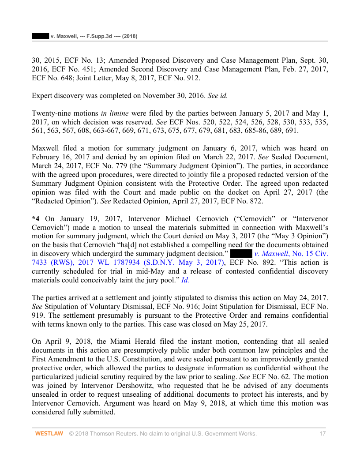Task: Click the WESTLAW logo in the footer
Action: (49, 434)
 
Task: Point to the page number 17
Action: (322, 434)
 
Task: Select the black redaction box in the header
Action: (40, 36)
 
